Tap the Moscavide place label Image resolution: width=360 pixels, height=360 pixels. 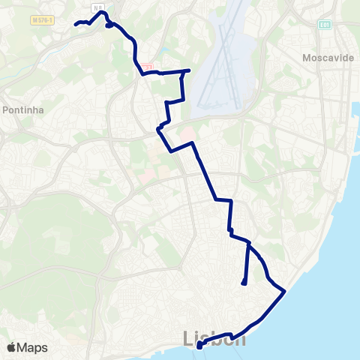(328, 58)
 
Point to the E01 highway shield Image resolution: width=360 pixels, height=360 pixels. (324, 24)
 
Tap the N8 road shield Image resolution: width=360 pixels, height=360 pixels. (97, 7)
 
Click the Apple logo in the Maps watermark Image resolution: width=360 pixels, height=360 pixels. (11, 347)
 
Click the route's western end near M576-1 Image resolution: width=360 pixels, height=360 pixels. (76, 24)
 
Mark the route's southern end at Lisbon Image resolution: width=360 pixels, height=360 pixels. (199, 346)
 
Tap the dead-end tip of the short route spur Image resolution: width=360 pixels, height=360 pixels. (244, 283)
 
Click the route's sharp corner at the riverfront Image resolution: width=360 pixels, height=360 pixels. (285, 291)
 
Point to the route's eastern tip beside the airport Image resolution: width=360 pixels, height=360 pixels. (189, 70)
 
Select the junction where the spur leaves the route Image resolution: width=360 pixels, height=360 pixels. (248, 244)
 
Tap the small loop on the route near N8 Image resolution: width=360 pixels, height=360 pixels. (109, 25)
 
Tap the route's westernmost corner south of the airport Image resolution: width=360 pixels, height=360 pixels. (157, 130)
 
